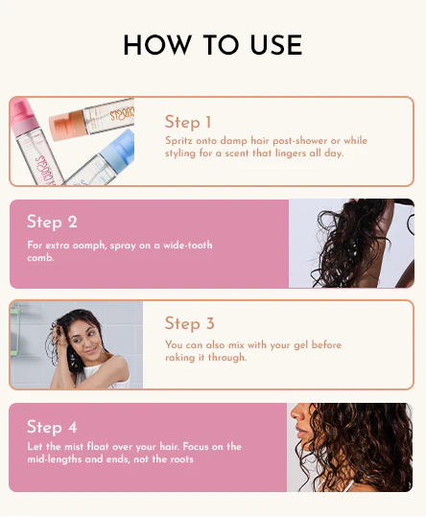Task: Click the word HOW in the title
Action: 157,45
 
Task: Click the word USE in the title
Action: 276,45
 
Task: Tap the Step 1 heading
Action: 188,122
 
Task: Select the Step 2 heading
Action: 52,222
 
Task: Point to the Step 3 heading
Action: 190,323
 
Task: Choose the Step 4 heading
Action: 52,427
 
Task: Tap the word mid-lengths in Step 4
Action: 55,459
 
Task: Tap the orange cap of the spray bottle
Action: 66,125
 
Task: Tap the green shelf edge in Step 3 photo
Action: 15,329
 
